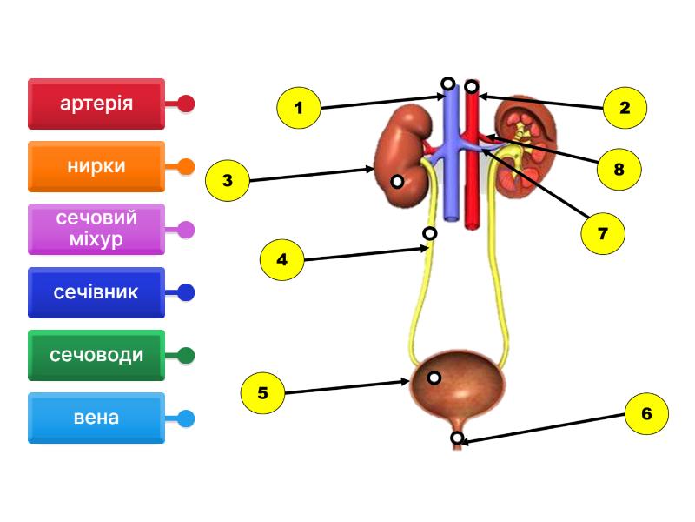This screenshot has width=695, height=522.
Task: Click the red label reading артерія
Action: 96,104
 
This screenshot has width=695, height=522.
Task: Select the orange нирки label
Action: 96,166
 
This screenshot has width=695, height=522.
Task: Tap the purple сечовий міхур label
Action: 96,229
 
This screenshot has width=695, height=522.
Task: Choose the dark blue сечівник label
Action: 96,292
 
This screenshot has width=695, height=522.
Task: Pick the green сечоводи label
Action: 96,355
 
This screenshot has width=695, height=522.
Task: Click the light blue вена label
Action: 96,418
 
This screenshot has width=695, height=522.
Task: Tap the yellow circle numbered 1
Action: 299,109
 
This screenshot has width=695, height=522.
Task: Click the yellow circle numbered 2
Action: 625,108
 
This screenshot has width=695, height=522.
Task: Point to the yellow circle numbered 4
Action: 281,259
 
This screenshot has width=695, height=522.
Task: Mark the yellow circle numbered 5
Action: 263,393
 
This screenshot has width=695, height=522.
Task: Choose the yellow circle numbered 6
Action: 646,414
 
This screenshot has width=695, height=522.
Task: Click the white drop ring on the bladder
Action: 434,378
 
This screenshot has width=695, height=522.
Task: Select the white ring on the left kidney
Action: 396,182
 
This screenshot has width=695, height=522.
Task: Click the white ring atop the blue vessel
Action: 447,84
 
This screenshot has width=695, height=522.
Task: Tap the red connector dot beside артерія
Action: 186,104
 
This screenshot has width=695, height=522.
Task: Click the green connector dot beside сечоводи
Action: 186,355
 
